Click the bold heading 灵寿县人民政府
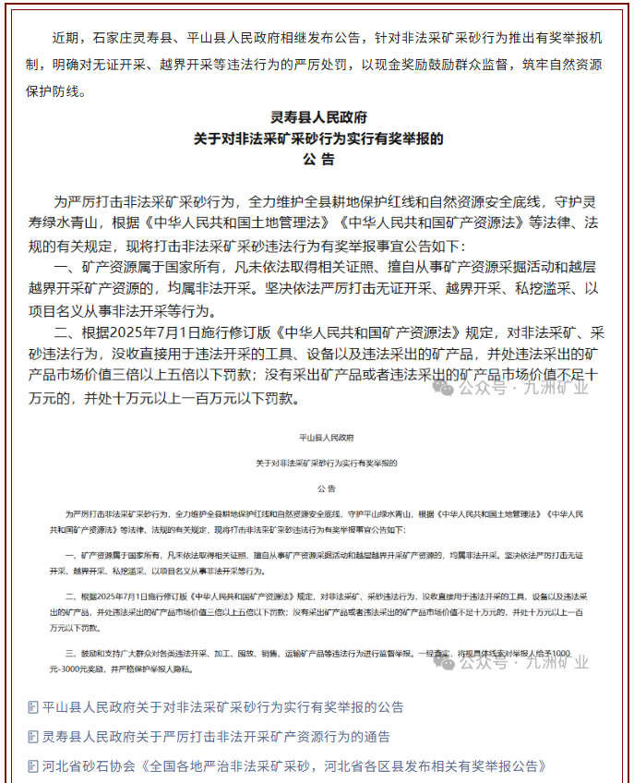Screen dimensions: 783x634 click(318, 118)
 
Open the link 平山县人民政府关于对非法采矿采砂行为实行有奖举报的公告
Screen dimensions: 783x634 click(222, 707)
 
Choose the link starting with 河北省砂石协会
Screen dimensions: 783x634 click(294, 766)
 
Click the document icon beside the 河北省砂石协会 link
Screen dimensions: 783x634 click(33, 766)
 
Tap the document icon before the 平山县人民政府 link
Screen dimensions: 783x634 click(33, 707)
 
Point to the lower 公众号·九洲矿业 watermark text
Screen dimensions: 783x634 click(523, 662)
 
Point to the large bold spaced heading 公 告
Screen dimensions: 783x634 click(318, 160)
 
